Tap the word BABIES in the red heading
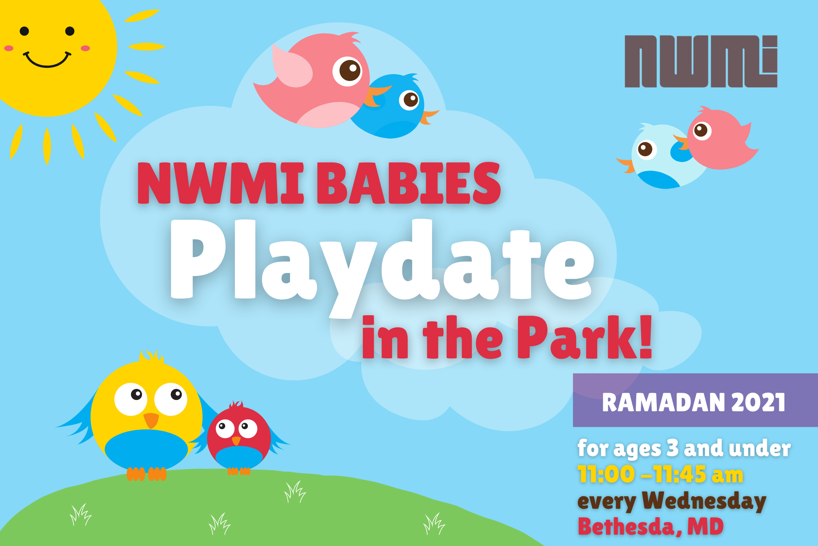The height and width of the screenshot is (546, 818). click(x=408, y=183)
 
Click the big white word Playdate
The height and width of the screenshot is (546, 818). click(x=382, y=263)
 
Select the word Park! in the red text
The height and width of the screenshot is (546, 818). click(x=584, y=338)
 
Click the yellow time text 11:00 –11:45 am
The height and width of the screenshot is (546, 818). click(x=660, y=474)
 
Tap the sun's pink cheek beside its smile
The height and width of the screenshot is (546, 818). click(x=85, y=48)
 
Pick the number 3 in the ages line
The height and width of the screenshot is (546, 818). click(x=672, y=448)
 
